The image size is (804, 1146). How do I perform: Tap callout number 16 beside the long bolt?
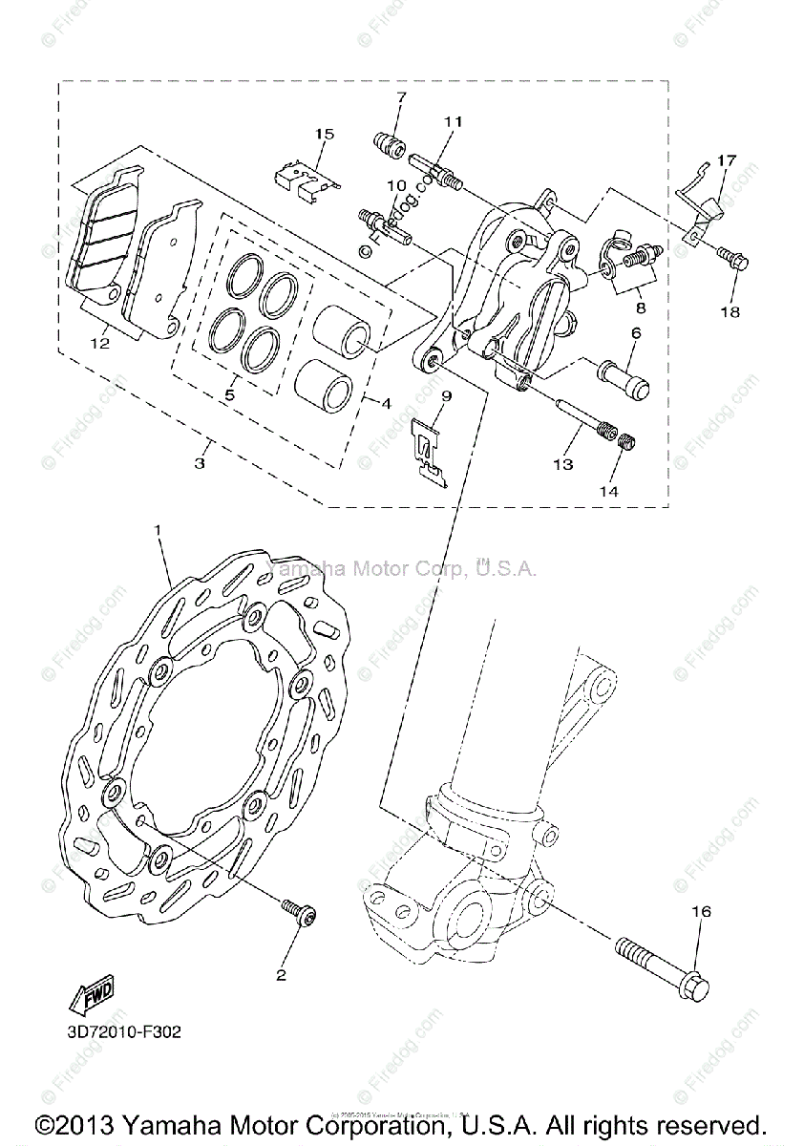701,912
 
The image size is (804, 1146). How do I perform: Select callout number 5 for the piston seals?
228,393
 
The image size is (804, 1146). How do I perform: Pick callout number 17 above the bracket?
727,160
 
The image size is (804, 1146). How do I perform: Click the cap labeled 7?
389,146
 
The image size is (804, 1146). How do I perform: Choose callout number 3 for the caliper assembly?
200,464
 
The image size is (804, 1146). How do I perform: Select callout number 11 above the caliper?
452,121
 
